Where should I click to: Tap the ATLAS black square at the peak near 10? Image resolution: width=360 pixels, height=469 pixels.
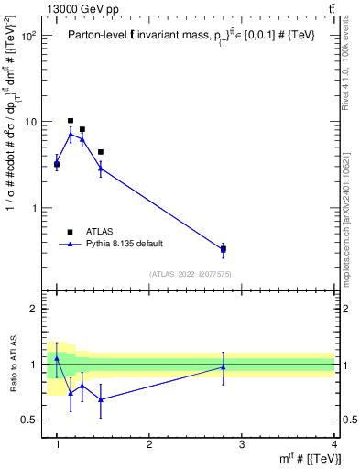pyautogui.click(x=71, y=120)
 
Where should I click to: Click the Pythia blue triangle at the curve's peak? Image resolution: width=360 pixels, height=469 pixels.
pyautogui.click(x=71, y=135)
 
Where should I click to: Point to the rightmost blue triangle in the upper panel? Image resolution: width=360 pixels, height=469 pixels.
pyautogui.click(x=224, y=247)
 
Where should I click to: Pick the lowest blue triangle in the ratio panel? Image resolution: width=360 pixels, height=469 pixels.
pyautogui.click(x=101, y=399)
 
